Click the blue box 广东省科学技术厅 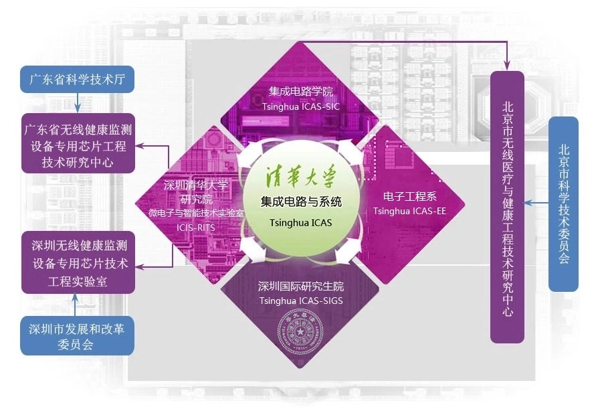78,80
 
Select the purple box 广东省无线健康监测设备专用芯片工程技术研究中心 78,144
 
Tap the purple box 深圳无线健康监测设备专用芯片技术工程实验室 78,262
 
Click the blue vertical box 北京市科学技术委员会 563,203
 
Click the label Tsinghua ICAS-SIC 301,106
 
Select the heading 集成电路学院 301,91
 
